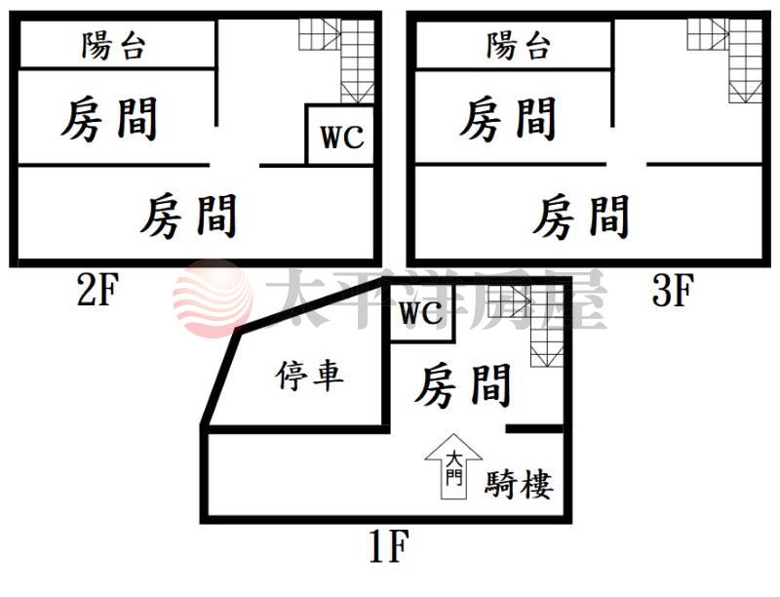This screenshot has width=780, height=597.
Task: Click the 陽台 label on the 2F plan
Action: coord(114,45)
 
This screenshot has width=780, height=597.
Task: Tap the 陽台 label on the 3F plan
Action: coord(519,45)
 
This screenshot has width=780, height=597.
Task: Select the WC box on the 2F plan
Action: coord(341,137)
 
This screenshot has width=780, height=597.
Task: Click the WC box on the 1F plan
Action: coord(421,314)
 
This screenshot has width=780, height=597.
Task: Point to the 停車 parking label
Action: coord(310,376)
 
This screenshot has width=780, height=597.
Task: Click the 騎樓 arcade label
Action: coord(519,483)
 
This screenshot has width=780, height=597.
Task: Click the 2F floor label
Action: coord(96,290)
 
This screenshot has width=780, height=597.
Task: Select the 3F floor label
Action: coord(672,290)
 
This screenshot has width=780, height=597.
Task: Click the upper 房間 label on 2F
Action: coord(109,119)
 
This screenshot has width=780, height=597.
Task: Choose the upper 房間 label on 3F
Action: coord(507,119)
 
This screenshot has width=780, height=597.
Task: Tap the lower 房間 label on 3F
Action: coord(581,216)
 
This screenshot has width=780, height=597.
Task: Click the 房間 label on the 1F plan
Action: coord(463,385)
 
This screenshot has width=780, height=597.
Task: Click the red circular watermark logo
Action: coord(213,298)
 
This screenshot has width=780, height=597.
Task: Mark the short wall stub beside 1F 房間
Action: coord(534,428)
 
